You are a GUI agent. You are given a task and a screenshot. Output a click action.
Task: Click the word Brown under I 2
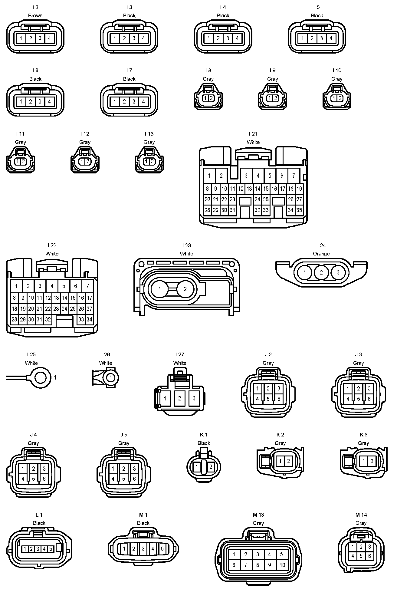pyautogui.click(x=35, y=15)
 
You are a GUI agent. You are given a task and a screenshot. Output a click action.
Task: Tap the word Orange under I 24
pyautogui.click(x=321, y=254)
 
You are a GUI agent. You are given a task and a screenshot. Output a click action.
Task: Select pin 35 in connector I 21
pyautogui.click(x=299, y=210)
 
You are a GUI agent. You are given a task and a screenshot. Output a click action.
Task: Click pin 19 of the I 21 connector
pyautogui.click(x=299, y=189)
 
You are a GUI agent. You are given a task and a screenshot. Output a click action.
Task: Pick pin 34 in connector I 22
pyautogui.click(x=89, y=319)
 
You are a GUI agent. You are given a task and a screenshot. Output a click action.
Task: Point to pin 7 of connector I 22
pyautogui.click(x=87, y=286)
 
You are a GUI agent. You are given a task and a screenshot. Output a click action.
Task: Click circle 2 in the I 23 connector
pyautogui.click(x=185, y=289)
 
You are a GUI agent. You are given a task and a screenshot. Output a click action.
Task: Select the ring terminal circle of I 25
pyautogui.click(x=41, y=377)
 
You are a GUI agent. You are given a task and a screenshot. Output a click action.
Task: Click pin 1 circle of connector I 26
pyautogui.click(x=111, y=377)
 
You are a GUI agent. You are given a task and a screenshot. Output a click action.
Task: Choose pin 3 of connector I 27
pyautogui.click(x=194, y=398)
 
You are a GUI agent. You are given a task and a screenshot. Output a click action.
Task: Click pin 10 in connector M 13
pyautogui.click(x=282, y=565)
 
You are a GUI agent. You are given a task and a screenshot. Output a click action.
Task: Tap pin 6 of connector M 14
pyautogui.click(x=369, y=556)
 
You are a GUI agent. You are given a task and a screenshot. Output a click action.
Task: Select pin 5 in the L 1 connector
pyautogui.click(x=51, y=549)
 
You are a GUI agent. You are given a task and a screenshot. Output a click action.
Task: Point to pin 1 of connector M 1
pyautogui.click(x=124, y=548)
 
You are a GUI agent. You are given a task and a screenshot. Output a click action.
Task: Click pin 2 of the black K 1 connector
pyautogui.click(x=211, y=466)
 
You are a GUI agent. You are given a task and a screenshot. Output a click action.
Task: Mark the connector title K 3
pyautogui.click(x=363, y=434)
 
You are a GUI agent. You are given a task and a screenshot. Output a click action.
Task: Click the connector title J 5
pyautogui.click(x=123, y=434)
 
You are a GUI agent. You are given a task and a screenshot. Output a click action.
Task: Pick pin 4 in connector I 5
pyautogui.click(x=331, y=38)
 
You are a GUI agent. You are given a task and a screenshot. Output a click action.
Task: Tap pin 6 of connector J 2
pyautogui.click(x=279, y=399)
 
